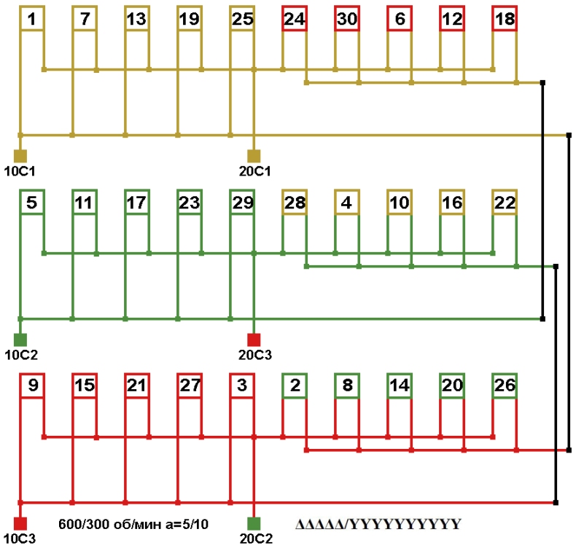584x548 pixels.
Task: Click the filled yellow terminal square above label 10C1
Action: pos(20,156)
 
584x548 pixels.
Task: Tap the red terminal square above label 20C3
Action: pos(254,340)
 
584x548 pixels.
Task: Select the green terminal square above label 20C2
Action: pos(254,524)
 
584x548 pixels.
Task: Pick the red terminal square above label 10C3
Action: pos(20,524)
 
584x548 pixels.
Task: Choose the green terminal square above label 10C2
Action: pos(20,340)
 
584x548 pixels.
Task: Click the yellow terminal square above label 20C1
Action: pos(254,156)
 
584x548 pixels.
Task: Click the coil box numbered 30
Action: pos(347,18)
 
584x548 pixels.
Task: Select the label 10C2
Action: pos(21,355)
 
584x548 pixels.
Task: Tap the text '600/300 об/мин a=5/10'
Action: pos(133,524)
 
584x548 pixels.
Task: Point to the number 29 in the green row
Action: pos(243,203)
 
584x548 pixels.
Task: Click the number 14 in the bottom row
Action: pos(400,385)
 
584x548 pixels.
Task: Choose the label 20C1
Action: pos(254,171)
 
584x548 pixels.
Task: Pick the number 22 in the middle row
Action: pos(505,203)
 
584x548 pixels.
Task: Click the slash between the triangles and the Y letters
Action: pos(348,525)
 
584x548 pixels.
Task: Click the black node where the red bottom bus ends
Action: pos(556,503)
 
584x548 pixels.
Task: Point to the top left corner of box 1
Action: pos(20,6)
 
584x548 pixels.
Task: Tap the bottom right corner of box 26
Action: pos(518,399)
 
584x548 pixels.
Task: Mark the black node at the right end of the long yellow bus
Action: pos(569,135)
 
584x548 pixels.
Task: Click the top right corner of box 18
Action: pos(518,6)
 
